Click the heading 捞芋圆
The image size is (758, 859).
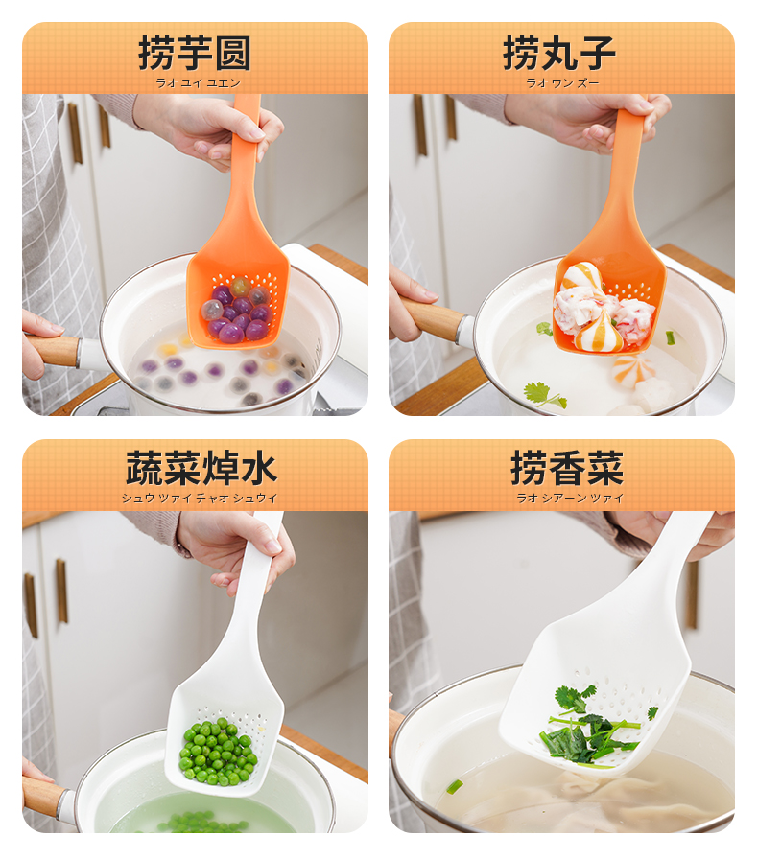[195, 53]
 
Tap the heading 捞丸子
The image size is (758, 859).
[558, 53]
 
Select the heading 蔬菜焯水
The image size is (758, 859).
[201, 469]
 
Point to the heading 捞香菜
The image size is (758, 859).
[567, 469]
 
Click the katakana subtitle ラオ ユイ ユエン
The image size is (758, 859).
[198, 83]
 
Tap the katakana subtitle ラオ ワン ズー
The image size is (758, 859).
[562, 83]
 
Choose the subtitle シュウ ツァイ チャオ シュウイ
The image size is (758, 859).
[200, 499]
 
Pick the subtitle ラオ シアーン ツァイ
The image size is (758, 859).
[570, 498]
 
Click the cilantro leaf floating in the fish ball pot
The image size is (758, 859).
[544, 395]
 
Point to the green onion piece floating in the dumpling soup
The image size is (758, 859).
[455, 787]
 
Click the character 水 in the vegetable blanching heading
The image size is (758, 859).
[259, 469]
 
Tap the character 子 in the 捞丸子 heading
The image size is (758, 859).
[598, 53]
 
